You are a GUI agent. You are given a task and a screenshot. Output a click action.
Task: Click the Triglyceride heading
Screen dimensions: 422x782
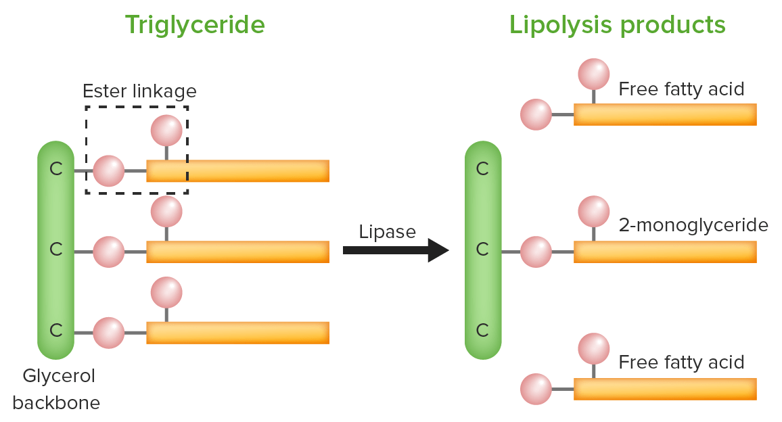click(x=195, y=25)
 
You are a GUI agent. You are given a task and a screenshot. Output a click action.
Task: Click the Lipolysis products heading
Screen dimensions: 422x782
click(x=617, y=25)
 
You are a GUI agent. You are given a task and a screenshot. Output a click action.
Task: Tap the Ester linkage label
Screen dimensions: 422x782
click(x=139, y=91)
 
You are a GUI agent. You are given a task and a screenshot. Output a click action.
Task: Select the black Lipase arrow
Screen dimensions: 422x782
click(x=396, y=250)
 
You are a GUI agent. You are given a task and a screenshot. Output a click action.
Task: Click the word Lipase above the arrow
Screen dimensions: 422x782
click(x=387, y=231)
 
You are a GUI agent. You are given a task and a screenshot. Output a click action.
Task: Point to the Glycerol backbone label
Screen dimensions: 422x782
click(x=57, y=389)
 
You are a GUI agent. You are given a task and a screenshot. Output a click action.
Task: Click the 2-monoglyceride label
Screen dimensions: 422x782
click(x=693, y=225)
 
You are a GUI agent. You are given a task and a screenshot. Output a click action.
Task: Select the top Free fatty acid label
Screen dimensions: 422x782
click(x=681, y=89)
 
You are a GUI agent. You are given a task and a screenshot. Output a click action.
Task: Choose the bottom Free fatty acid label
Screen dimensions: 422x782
click(x=681, y=362)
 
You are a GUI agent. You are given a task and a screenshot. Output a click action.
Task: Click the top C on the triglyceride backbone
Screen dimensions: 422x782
click(x=56, y=169)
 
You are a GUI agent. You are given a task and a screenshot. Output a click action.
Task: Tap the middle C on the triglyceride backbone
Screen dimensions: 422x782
click(x=56, y=250)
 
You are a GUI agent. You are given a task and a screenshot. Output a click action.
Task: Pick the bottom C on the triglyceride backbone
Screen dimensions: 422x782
click(x=56, y=331)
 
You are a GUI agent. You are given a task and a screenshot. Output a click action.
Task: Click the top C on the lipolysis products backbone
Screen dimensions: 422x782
click(x=482, y=169)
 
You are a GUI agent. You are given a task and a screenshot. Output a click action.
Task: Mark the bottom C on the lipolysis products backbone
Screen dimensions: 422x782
click(x=482, y=331)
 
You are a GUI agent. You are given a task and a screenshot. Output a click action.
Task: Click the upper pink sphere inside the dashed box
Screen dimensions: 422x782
click(x=166, y=131)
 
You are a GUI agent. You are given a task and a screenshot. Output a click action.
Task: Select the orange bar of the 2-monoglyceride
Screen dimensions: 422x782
click(x=664, y=252)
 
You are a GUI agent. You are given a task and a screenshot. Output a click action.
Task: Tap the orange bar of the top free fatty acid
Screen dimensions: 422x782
click(x=664, y=114)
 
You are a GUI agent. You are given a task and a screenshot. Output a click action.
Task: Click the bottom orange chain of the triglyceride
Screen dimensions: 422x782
click(x=237, y=333)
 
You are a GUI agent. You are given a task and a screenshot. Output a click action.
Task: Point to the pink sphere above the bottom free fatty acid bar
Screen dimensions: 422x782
click(x=594, y=349)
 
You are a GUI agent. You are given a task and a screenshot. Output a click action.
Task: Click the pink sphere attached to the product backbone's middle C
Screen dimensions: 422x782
click(x=536, y=252)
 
